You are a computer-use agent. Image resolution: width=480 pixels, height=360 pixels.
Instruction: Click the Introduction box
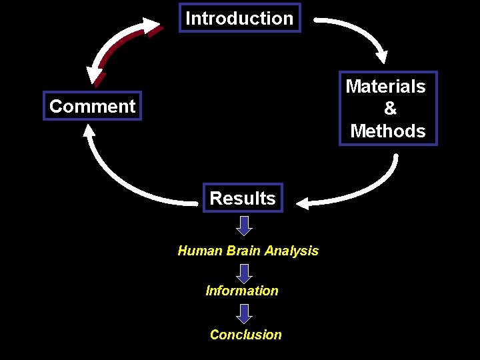[x=240, y=18]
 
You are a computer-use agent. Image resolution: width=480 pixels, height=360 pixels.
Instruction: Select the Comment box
[x=92, y=106]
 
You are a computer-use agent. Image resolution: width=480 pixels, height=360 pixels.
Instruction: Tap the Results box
[x=243, y=198]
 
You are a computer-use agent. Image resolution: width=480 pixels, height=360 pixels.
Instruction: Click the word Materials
[x=385, y=87]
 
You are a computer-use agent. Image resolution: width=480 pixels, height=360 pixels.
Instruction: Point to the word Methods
[x=387, y=131]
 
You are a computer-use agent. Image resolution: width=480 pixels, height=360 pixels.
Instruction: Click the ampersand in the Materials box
[x=390, y=109]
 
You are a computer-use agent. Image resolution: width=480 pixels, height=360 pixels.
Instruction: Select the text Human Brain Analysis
[x=248, y=251]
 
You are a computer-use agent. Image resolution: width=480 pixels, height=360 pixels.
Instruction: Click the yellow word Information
[x=242, y=291]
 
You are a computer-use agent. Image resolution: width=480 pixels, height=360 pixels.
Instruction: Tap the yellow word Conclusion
[x=245, y=335]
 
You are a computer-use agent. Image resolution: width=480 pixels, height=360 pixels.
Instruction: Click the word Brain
[x=243, y=251]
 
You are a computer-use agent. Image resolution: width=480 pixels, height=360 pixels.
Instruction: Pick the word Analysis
[x=291, y=251]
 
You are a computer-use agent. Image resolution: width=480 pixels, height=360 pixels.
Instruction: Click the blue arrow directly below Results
[x=245, y=225]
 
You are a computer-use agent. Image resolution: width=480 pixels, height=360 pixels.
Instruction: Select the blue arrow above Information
[x=245, y=273]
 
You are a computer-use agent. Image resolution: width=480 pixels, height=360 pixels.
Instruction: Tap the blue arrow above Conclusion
[x=245, y=314]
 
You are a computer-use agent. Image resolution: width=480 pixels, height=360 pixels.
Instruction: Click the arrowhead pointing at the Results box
[x=303, y=203]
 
